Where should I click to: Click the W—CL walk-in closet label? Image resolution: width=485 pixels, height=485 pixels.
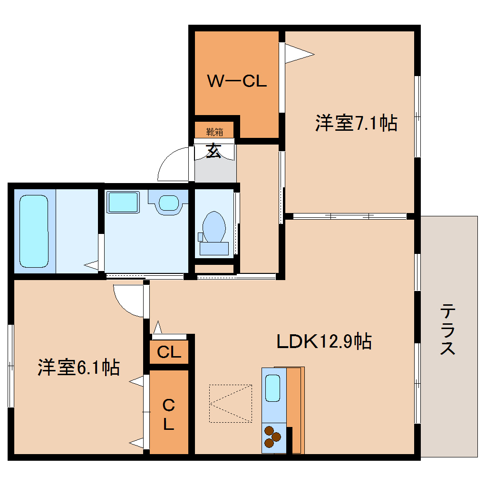tap(236, 81)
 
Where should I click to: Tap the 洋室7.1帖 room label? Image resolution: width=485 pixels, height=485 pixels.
tap(356, 123)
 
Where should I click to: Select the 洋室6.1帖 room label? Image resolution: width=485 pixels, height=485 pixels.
tap(78, 368)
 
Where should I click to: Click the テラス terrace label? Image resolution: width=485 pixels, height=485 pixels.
tap(447, 329)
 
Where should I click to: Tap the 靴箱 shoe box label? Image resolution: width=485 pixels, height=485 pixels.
tap(214, 132)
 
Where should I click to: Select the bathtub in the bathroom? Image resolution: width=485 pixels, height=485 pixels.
tap(34, 231)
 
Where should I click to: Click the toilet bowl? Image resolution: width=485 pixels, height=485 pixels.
tap(213, 226)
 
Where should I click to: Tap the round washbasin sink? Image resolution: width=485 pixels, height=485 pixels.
tap(168, 203)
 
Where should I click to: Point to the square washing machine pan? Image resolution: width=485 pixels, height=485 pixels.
tap(123, 202)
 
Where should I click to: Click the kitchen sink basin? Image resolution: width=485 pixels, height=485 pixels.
tap(272, 388)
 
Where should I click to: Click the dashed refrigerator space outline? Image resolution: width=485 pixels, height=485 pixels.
tap(231, 403)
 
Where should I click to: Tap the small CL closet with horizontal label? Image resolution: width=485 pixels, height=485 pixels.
tap(169, 352)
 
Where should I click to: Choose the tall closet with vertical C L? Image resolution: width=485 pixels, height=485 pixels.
tap(169, 412)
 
